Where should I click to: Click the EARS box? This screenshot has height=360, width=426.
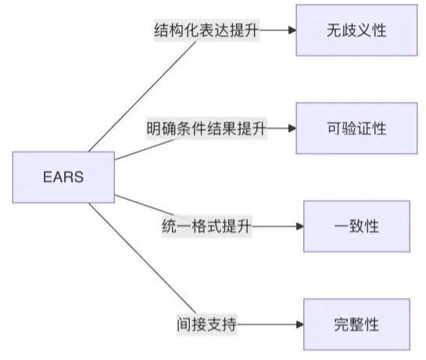[x=63, y=177]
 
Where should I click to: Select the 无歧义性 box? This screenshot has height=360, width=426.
[x=356, y=30]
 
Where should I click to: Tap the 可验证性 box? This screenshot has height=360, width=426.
[x=356, y=128]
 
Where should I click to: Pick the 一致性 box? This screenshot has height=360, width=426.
[x=356, y=226]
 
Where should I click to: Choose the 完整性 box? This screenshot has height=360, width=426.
[x=356, y=324]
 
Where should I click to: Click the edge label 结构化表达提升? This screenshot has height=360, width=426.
[x=206, y=30]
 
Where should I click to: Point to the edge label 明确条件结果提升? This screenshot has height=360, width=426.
[x=206, y=128]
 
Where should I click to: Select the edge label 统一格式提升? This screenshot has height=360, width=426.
[x=206, y=226]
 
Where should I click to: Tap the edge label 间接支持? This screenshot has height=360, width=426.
[x=207, y=324]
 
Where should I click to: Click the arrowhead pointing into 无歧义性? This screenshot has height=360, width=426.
[x=292, y=30]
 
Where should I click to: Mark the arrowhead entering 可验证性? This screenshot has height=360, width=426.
[x=292, y=128]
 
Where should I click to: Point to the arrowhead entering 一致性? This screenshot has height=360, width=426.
[x=300, y=226]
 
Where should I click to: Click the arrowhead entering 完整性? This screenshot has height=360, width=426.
[x=300, y=324]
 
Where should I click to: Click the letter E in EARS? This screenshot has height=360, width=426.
[x=48, y=177]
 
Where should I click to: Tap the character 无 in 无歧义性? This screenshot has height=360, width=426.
[x=334, y=30]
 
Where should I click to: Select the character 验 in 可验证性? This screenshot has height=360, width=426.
[x=349, y=128]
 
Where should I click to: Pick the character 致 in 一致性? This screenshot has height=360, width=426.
[x=356, y=226]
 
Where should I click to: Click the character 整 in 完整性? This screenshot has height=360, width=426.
[x=356, y=324]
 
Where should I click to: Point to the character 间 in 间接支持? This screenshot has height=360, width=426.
[x=184, y=324]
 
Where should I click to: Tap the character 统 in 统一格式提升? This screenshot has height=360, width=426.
[x=170, y=226]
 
